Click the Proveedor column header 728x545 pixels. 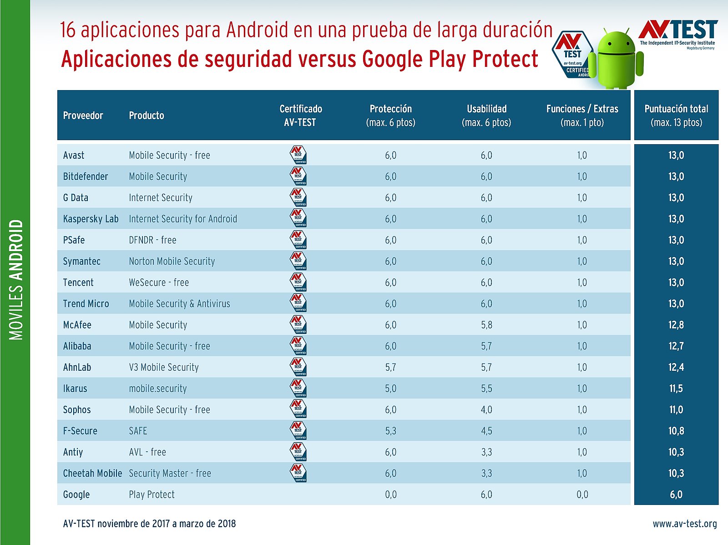[x=83, y=116]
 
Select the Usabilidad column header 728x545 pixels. [x=486, y=116]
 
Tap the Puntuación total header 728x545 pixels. [x=676, y=116]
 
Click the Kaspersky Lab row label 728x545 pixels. [x=91, y=219]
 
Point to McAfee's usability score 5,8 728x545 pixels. [x=486, y=325]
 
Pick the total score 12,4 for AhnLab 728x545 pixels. [x=676, y=367]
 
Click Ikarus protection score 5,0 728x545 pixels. [x=390, y=389]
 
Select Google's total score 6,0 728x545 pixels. [x=676, y=495]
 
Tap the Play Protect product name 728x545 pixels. [x=152, y=495]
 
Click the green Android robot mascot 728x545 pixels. [x=616, y=58]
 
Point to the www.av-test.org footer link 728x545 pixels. [x=685, y=524]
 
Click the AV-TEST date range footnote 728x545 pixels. [x=149, y=524]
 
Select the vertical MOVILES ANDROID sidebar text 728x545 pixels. [x=16, y=280]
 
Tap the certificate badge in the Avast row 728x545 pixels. [x=298, y=155]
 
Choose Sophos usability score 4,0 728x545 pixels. [x=486, y=409]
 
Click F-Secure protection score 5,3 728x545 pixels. [x=390, y=431]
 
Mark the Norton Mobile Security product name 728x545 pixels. [x=172, y=261]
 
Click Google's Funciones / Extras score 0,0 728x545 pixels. [x=582, y=495]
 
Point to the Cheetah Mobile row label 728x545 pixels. [x=92, y=473]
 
